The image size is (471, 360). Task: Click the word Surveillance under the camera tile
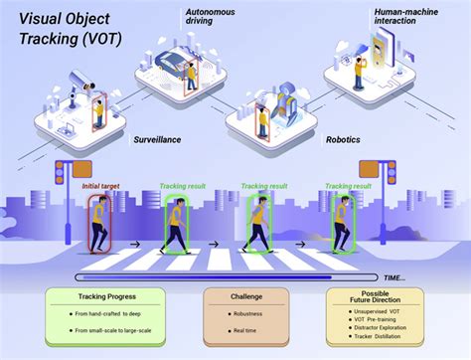coord(156,140)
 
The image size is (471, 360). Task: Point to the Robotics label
coord(343,140)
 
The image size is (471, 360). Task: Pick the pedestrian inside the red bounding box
coord(99,224)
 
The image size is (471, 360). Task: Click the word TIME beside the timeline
coord(394,278)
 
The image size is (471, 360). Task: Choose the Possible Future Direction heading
coord(375,300)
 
